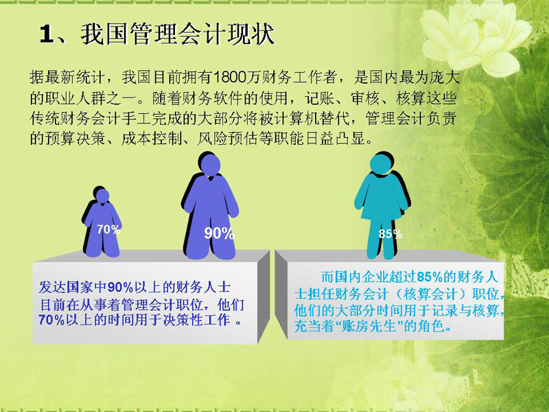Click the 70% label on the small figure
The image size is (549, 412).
coord(109,229)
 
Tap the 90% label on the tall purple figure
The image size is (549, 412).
coord(219,233)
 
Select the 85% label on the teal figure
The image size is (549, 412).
coord(390,233)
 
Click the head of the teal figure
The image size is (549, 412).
coord(381,163)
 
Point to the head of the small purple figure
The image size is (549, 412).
coord(102,196)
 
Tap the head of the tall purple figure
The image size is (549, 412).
coord(209,165)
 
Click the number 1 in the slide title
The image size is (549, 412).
coord(47,35)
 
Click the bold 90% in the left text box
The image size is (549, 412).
coord(121,287)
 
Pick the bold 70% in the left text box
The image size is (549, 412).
coord(52,319)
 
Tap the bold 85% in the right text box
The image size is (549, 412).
coord(430,277)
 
